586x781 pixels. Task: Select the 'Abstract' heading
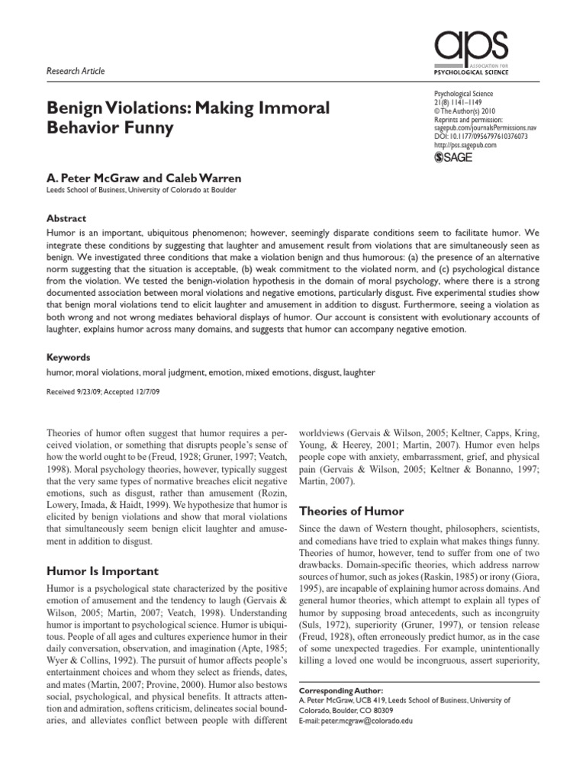(x=67, y=218)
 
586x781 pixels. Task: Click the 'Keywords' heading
(x=69, y=356)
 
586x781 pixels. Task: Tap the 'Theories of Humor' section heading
(x=351, y=510)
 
